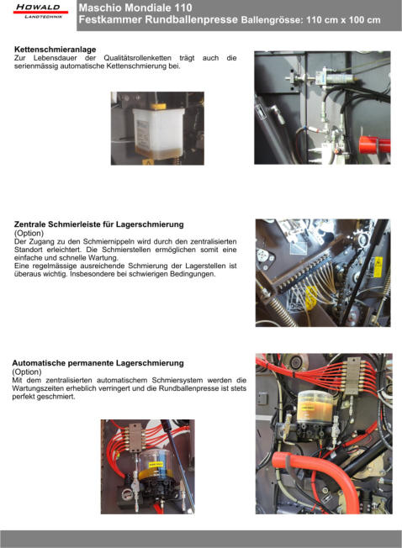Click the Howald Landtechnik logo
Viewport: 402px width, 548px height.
tap(40, 12)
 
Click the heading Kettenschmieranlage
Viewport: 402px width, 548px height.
tap(56, 50)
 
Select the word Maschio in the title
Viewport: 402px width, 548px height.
tap(100, 8)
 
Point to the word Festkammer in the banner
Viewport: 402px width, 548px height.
tap(110, 19)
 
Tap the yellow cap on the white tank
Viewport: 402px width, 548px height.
tap(158, 106)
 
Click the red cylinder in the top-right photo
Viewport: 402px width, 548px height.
tap(374, 145)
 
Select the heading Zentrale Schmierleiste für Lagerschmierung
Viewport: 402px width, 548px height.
tap(99, 224)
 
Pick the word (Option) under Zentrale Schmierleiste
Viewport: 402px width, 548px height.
tap(29, 233)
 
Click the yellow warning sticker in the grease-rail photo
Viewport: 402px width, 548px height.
tap(378, 266)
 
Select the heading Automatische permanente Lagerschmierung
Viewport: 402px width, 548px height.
tap(98, 363)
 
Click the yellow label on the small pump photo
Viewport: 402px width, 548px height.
tap(156, 464)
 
